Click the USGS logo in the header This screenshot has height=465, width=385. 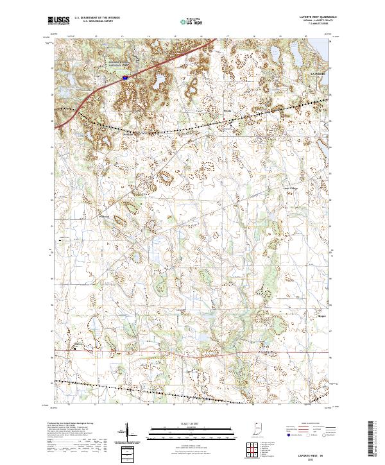tap(58, 21)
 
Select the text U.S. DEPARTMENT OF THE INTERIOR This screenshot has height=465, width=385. tap(97, 19)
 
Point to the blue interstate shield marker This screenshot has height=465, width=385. tap(125, 77)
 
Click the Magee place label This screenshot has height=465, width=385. tap(322, 316)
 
